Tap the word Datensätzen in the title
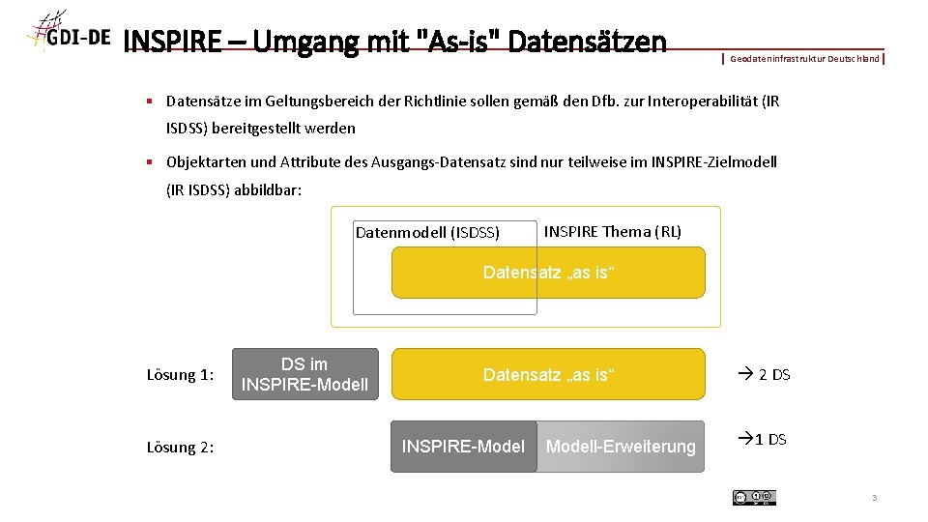(586, 43)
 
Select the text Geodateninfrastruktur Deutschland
(804, 59)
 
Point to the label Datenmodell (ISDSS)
(427, 232)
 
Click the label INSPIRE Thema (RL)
(613, 231)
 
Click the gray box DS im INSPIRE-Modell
(304, 374)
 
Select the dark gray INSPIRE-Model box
(463, 446)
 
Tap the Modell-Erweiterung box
(621, 446)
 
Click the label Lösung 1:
(180, 375)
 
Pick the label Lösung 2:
(180, 447)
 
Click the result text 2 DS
(765, 374)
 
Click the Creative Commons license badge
(754, 497)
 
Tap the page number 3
(874, 498)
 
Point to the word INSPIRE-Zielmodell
(716, 161)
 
